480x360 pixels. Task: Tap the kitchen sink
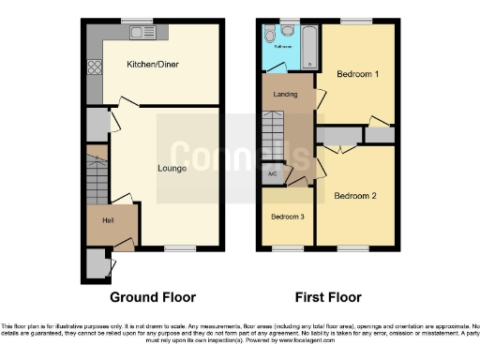(x=143, y=34)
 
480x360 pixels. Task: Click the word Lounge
(x=172, y=169)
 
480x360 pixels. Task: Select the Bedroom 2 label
(x=354, y=196)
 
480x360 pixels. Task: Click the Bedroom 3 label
(x=287, y=217)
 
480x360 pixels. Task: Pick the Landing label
(x=286, y=95)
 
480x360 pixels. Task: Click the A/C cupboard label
(x=272, y=173)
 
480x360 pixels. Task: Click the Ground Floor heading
(x=153, y=297)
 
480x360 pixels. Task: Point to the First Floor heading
(x=328, y=297)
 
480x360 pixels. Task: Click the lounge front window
(x=178, y=248)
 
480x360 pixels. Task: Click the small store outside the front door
(x=95, y=266)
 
